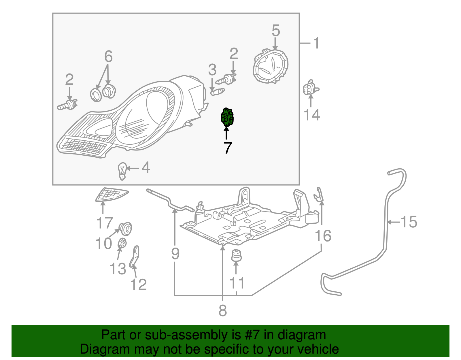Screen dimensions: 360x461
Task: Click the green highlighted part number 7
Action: pos(227,117)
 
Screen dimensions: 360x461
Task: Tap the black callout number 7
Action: pos(227,148)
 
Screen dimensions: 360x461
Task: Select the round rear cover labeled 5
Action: pos(271,67)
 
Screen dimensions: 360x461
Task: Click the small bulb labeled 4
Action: pos(122,171)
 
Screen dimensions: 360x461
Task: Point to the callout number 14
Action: pos(312,115)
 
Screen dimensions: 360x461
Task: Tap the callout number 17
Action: pos(104,223)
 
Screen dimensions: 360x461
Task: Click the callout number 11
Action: pos(237,283)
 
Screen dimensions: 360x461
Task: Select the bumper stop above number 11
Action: pos(236,255)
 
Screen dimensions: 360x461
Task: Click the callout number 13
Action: pos(118,269)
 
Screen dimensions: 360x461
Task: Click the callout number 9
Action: pos(175,254)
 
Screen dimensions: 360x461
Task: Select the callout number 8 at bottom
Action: pos(222,311)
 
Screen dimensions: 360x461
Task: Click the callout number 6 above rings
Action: pos(108,56)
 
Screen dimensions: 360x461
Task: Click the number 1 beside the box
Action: pos(316,43)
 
